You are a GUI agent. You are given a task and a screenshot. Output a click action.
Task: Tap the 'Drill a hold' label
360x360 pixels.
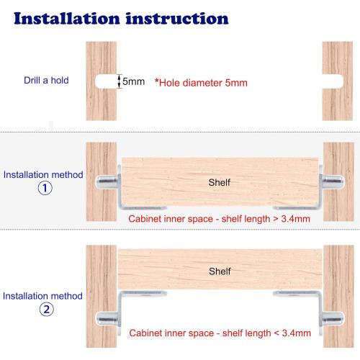point(45,81)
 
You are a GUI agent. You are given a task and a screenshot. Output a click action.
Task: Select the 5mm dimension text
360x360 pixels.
point(133,81)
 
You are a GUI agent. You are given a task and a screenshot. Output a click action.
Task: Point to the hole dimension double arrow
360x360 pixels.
point(119,81)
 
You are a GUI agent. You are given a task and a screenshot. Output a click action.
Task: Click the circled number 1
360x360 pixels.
point(45,189)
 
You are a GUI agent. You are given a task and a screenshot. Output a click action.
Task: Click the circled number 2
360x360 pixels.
point(45,310)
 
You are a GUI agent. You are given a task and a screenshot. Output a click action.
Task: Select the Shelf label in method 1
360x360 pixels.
point(219,182)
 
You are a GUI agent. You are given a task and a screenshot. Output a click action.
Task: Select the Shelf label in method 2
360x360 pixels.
point(220,271)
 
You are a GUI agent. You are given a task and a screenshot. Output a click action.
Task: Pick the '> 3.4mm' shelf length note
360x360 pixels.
point(220,218)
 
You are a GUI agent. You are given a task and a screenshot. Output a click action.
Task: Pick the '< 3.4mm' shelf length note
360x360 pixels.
point(220,333)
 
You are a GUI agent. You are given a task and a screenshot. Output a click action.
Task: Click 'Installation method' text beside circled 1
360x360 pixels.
point(43,175)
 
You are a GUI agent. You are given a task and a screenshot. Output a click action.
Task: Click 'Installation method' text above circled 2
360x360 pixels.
point(43,296)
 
